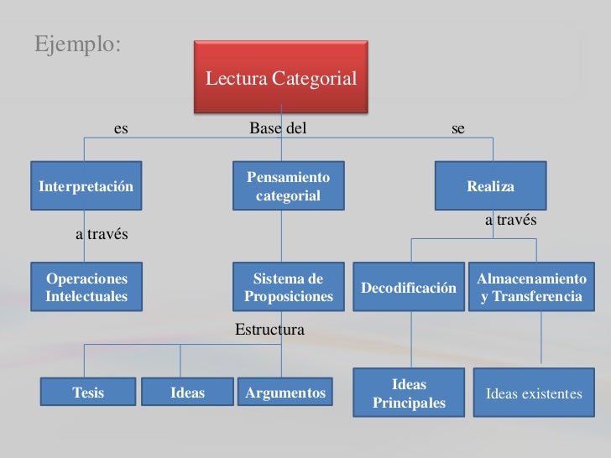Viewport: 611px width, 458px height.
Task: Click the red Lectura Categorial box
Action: pyautogui.click(x=281, y=78)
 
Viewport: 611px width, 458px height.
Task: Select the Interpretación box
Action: pyautogui.click(x=86, y=185)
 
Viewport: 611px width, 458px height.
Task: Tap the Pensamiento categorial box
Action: pyautogui.click(x=288, y=186)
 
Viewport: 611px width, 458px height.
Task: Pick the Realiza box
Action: pyautogui.click(x=490, y=185)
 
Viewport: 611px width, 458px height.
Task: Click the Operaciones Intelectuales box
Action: pyautogui.click(x=86, y=287)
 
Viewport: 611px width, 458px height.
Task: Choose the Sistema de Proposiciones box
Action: pyautogui.click(x=288, y=287)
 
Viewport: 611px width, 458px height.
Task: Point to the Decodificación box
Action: pyautogui.click(x=409, y=288)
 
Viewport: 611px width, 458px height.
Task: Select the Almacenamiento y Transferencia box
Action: pyautogui.click(x=531, y=287)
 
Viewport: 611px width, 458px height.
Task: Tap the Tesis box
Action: pyautogui.click(x=88, y=393)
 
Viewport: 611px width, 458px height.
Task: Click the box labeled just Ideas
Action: pyautogui.click(x=187, y=393)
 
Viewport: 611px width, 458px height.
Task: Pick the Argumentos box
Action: pyautogui.click(x=285, y=393)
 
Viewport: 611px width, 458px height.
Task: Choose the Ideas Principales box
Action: pyautogui.click(x=409, y=393)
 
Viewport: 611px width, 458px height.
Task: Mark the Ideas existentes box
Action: pyautogui.click(x=534, y=393)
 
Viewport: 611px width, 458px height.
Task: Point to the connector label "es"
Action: pyautogui.click(x=121, y=128)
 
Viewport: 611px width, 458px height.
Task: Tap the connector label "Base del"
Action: pyautogui.click(x=278, y=128)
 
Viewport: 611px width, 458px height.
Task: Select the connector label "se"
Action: pyautogui.click(x=458, y=128)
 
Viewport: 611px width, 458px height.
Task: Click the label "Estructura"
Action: pyautogui.click(x=269, y=330)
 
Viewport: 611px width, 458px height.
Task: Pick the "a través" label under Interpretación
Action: pyautogui.click(x=102, y=234)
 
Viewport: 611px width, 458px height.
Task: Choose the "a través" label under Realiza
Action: pyautogui.click(x=510, y=220)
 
